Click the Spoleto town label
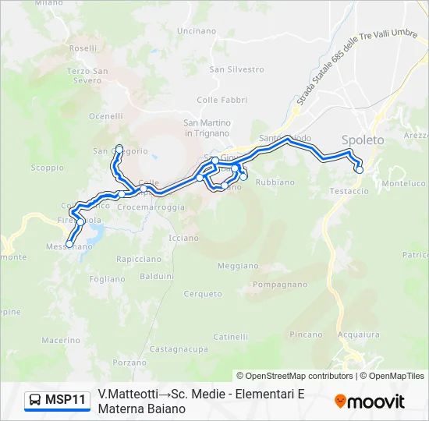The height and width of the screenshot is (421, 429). [x=363, y=140]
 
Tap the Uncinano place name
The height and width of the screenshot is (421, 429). [x=197, y=30]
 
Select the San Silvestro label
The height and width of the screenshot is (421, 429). [x=225, y=69]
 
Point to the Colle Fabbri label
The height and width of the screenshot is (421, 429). [x=222, y=100]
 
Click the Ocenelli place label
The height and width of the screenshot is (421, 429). [x=106, y=116]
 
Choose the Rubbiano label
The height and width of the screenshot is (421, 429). [x=275, y=182]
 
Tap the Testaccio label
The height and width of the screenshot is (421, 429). [x=349, y=191]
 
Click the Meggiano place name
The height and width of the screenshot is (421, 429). [x=237, y=266]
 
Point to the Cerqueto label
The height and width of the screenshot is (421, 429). [x=203, y=294]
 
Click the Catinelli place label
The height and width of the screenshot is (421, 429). [x=231, y=337]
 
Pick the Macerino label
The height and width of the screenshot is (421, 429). [x=61, y=340]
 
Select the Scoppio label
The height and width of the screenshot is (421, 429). [x=47, y=168]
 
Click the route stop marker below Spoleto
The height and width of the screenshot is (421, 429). [x=360, y=169]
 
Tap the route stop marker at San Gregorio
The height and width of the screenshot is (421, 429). [x=119, y=147]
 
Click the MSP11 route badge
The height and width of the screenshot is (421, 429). [x=56, y=401]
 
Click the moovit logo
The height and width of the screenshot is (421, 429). [x=370, y=402]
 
